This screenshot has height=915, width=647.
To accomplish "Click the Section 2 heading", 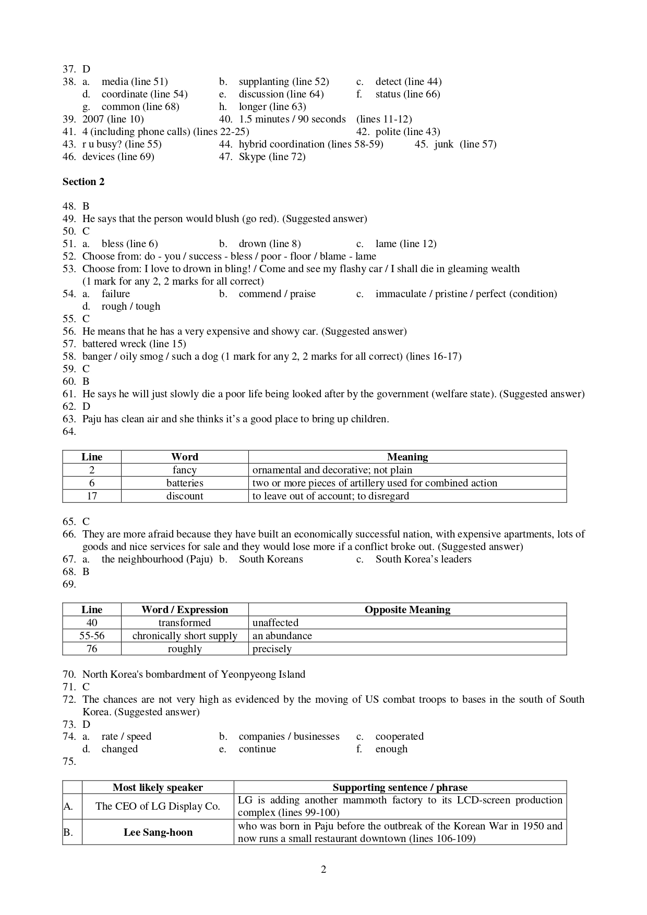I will (x=83, y=181).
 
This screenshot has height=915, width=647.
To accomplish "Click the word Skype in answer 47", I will (x=253, y=156).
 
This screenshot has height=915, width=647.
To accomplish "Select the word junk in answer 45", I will (x=444, y=144).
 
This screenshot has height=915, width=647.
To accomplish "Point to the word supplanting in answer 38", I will (x=263, y=81).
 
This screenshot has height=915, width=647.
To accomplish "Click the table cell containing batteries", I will (x=185, y=483).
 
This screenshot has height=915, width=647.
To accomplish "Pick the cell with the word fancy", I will (x=185, y=470).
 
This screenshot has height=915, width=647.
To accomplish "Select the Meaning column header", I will (x=407, y=457).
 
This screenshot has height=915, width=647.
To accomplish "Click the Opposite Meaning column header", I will (x=407, y=609).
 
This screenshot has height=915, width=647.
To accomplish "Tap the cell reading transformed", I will (x=185, y=623).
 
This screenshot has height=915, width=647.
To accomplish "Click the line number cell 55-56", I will (x=92, y=636).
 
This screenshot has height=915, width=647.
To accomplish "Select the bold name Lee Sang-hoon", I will (x=158, y=832).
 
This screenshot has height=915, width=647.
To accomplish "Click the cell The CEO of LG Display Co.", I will (x=158, y=806).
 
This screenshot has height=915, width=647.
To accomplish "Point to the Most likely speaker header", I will (x=158, y=787).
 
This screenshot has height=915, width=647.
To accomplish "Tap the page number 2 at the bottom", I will (x=323, y=869).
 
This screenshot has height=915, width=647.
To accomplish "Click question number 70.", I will (x=69, y=674).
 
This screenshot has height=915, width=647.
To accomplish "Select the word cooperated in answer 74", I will (x=399, y=736).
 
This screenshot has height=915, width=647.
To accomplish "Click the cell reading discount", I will (x=185, y=496).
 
